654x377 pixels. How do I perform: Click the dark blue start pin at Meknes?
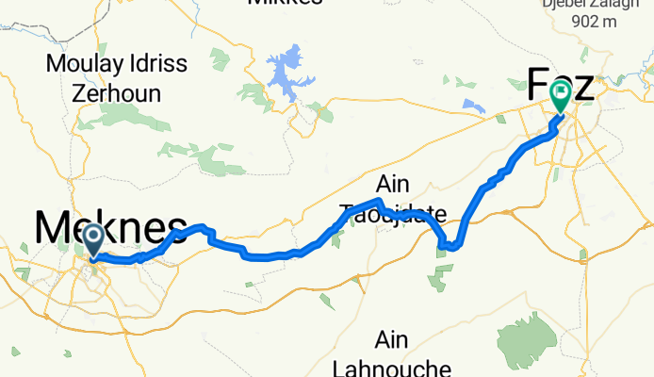pos(93,238)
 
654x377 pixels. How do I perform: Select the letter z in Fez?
pos(583,87)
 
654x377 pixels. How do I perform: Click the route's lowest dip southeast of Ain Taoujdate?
pos(450,248)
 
